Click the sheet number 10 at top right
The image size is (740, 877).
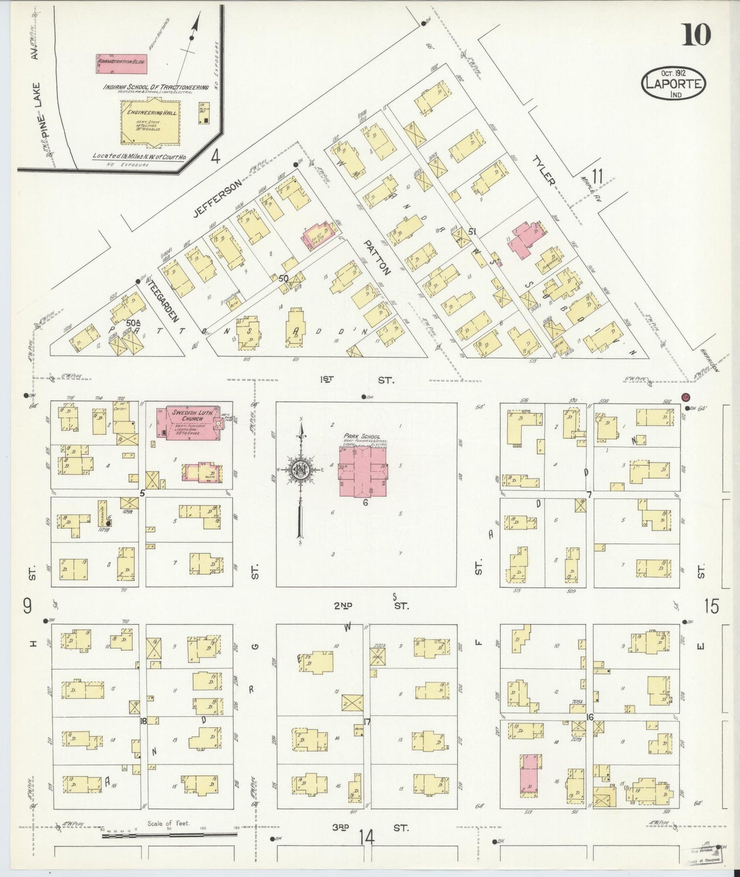pos(696,35)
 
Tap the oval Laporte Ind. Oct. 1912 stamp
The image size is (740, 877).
pos(673,83)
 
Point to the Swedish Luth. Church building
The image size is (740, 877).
pos(189,422)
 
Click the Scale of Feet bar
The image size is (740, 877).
pos(169,836)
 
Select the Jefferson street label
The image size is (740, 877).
pos(217,200)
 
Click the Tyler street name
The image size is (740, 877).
pos(544,170)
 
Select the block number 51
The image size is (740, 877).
pos(471,231)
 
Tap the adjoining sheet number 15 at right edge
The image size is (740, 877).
pos(711,607)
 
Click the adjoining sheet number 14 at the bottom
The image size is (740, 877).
pos(367,838)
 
